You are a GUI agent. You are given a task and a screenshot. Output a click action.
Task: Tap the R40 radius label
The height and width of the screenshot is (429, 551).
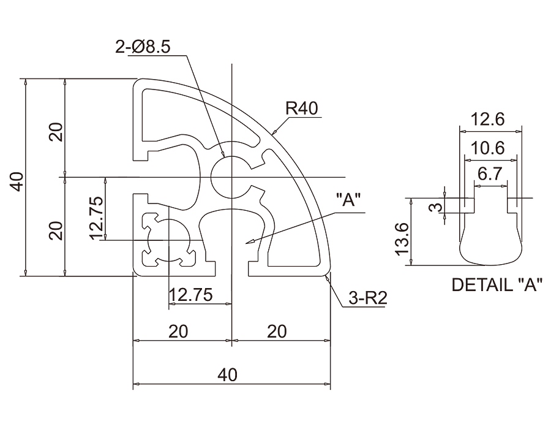(x=301, y=108)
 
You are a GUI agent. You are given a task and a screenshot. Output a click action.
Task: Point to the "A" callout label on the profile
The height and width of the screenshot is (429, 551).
(x=349, y=200)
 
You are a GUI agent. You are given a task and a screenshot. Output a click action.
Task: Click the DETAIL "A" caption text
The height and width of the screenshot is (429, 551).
(x=497, y=285)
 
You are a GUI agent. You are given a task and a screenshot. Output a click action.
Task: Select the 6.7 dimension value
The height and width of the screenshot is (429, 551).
(x=490, y=174)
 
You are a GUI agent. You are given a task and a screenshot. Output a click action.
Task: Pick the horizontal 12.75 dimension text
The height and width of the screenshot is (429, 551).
(x=190, y=295)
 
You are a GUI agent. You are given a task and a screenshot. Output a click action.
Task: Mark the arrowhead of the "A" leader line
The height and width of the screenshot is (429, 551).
(x=248, y=243)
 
